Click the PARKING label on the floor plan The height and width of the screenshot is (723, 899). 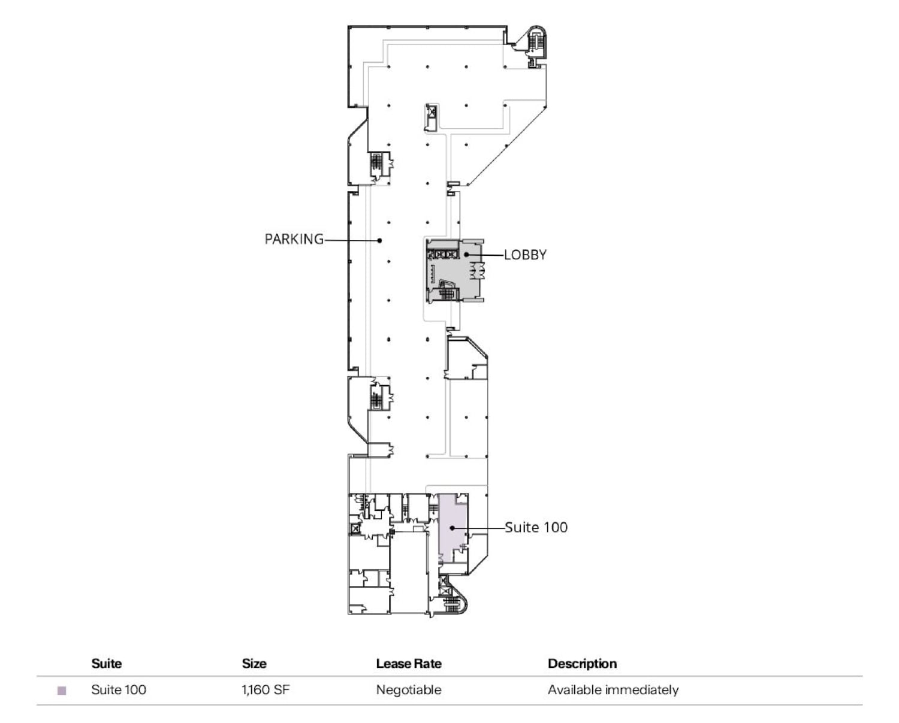point(294,239)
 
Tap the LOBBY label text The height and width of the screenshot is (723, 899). point(525,255)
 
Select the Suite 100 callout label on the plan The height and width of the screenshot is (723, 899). point(536,527)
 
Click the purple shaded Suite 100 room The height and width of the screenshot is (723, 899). point(452,521)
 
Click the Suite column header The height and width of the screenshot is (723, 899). point(106,664)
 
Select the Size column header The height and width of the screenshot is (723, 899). point(254,664)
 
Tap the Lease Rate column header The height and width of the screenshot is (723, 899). point(409,664)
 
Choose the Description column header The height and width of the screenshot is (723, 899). point(582,664)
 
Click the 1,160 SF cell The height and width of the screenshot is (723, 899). point(266,690)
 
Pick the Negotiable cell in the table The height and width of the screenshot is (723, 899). point(409,690)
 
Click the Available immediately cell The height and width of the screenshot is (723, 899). point(613,690)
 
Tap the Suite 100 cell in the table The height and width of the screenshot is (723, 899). point(119,690)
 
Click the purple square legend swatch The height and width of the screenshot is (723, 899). point(61,691)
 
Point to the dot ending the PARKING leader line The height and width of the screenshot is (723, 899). point(379,241)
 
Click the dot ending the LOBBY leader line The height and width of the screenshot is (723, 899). point(466,255)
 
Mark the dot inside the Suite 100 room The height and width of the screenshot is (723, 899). point(452,528)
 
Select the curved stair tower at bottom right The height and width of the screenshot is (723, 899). point(454,599)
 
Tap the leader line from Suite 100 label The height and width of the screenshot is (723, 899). point(479,528)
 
